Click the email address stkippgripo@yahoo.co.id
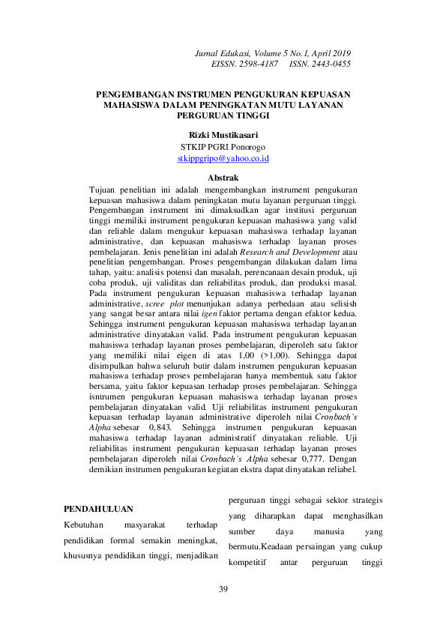click(223, 160)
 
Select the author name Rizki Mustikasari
click(223, 135)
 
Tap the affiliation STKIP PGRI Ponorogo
click(223, 147)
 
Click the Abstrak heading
click(223, 178)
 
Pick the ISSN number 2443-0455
click(331, 64)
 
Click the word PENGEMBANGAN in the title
click(136, 95)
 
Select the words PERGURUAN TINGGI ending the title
click(223, 116)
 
